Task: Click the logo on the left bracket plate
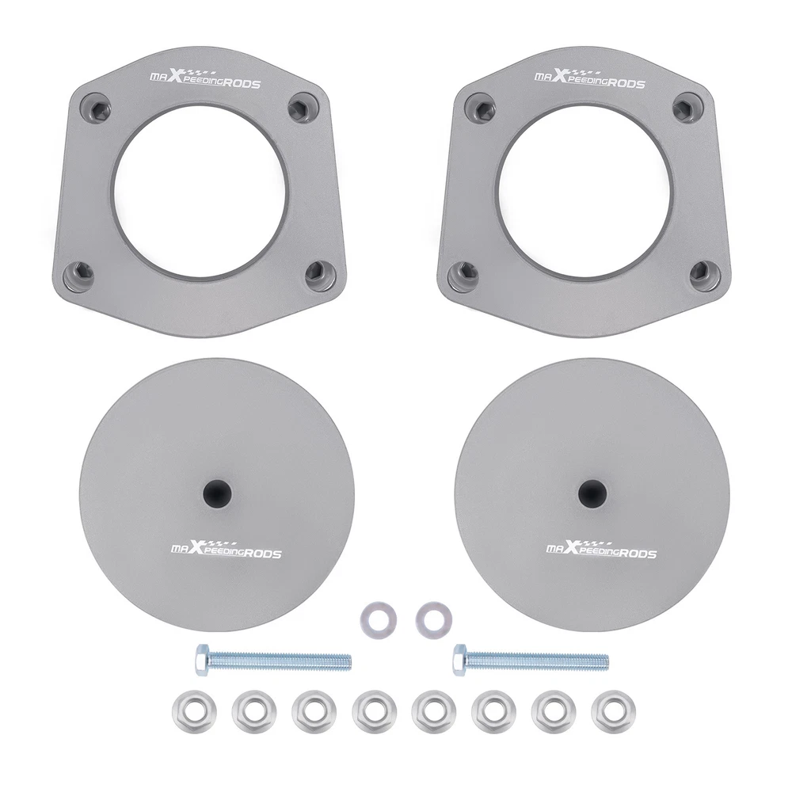[x=205, y=78]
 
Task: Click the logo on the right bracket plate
[x=590, y=78]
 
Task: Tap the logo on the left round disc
[x=226, y=548]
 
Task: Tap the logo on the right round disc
[x=601, y=548]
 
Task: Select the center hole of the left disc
[x=217, y=492]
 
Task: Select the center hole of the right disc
[x=592, y=492]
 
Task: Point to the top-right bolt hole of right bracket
[x=685, y=106]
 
